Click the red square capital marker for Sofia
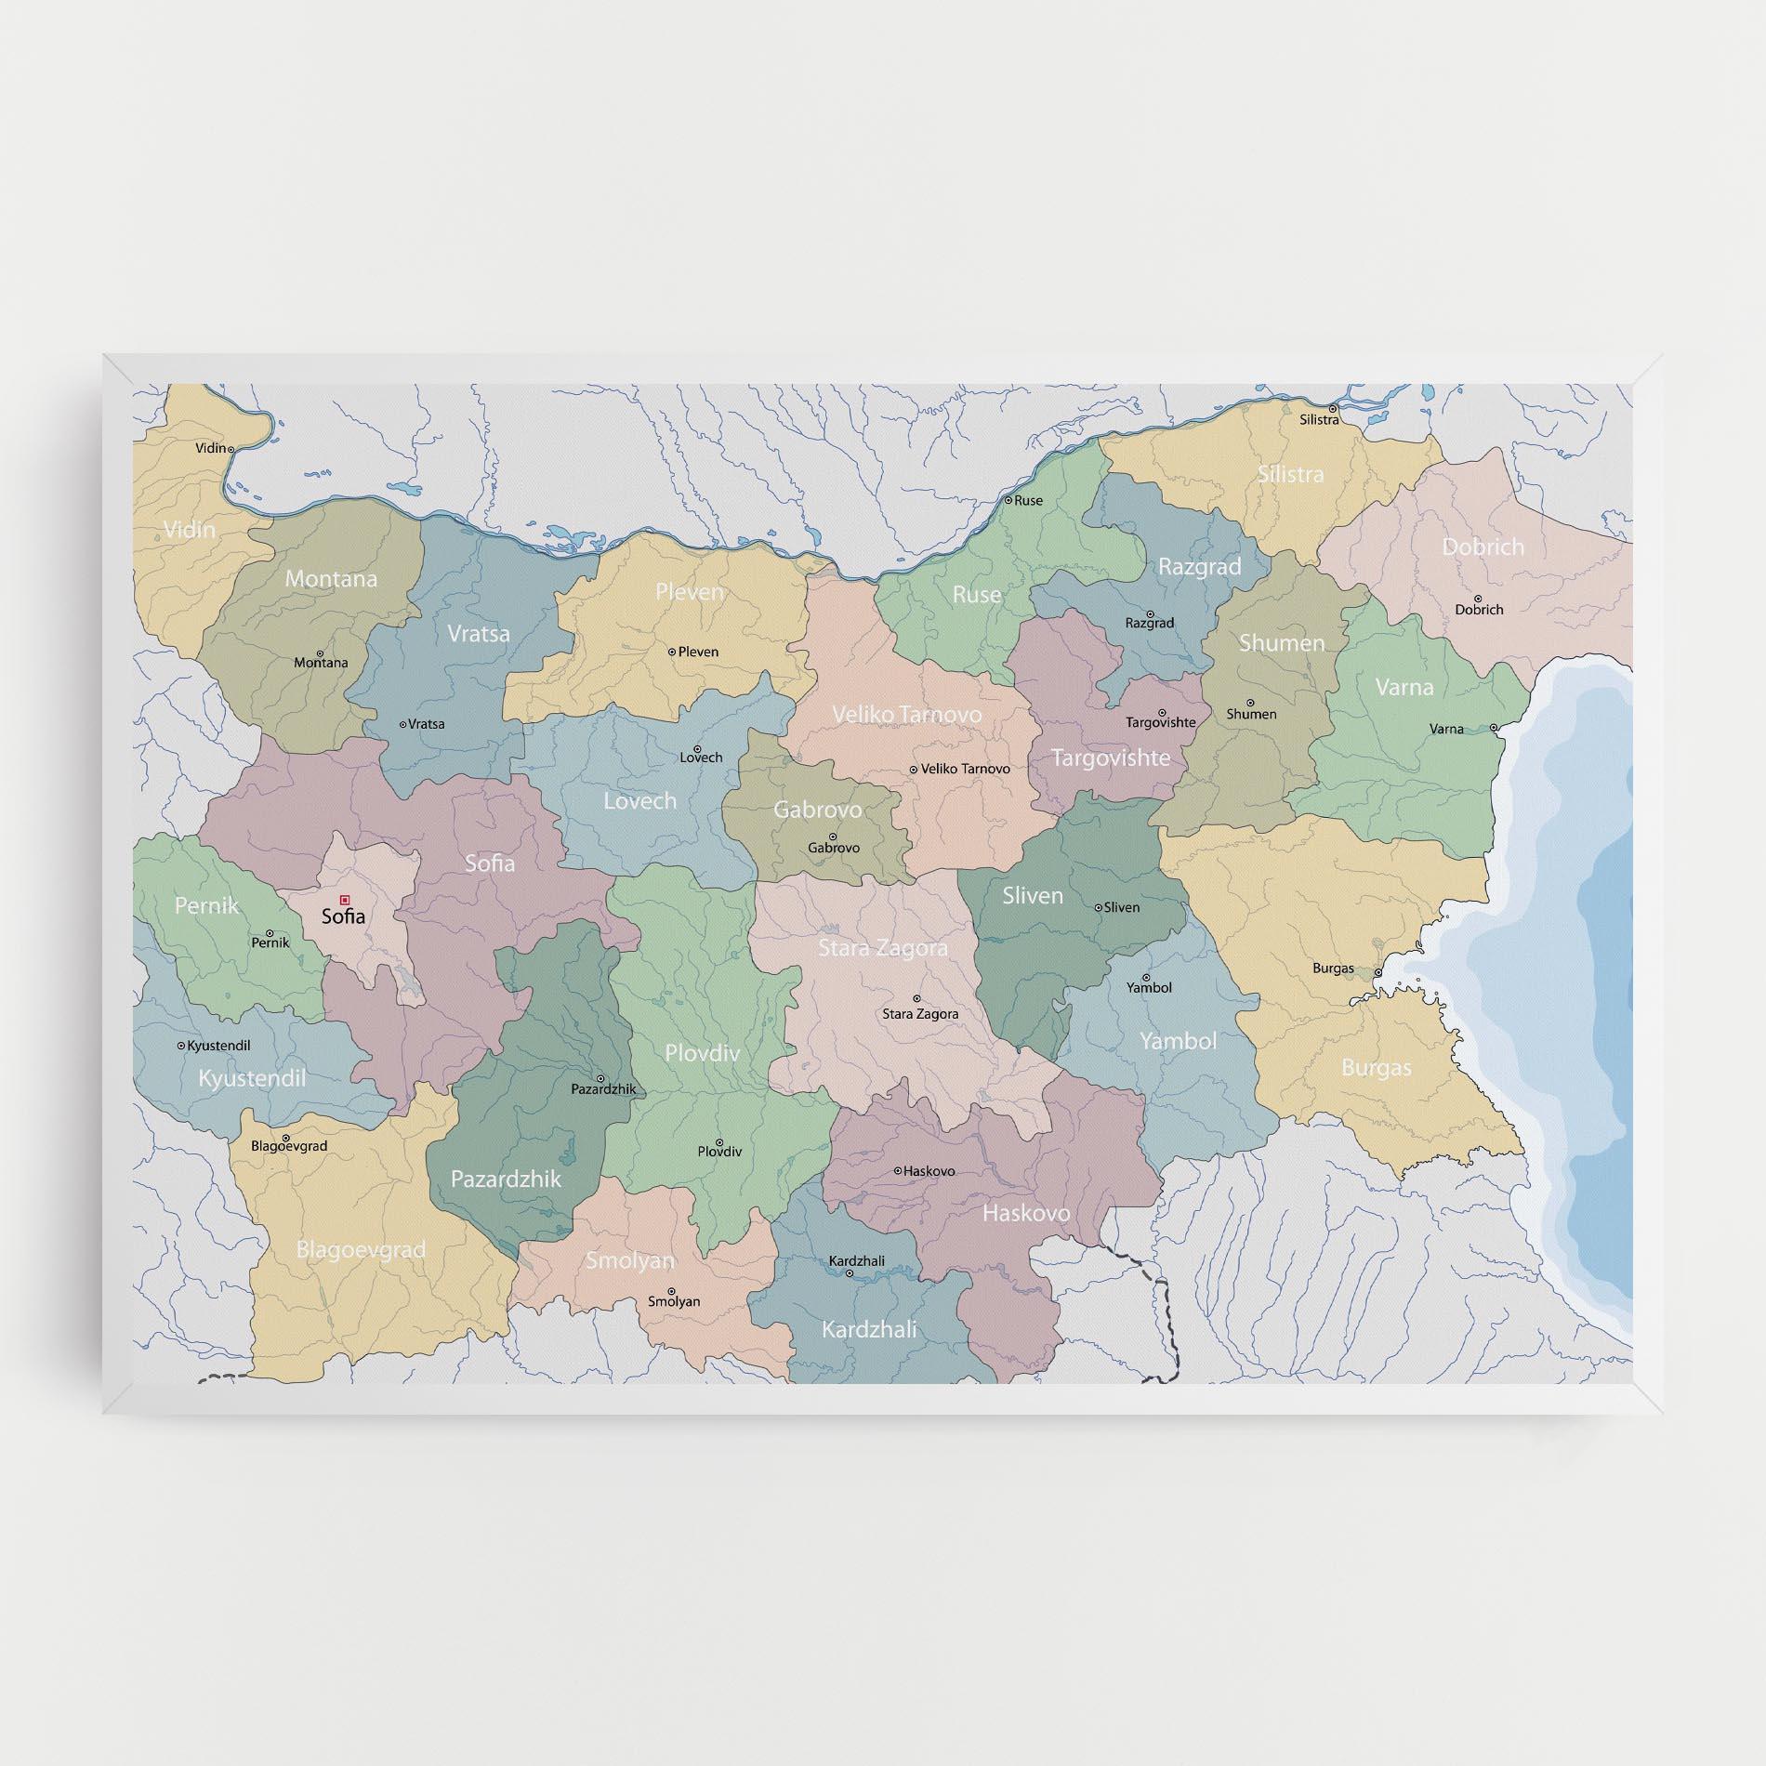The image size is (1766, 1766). click(345, 899)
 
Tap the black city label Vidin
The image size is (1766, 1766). click(210, 448)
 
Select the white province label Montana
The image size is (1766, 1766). click(331, 578)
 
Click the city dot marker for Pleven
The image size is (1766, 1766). click(672, 652)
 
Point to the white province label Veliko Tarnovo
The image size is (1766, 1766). click(906, 714)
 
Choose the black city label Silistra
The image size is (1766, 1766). click(1319, 420)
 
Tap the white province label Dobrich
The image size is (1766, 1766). click(1483, 547)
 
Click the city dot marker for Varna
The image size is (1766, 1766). click(1493, 728)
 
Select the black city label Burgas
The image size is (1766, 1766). click(1333, 969)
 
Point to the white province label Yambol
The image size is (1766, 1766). click(1178, 1040)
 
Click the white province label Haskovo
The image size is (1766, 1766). click(1026, 1212)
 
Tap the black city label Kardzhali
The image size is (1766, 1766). click(856, 1261)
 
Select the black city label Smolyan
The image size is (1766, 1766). click(674, 1301)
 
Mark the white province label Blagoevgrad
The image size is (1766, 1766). click(361, 1249)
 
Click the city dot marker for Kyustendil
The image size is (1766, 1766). click(181, 1046)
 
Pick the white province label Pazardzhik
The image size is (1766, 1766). click(506, 1179)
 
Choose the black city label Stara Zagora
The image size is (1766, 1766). click(919, 1014)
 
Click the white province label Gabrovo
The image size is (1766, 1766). click(817, 810)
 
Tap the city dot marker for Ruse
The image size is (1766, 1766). click(1008, 500)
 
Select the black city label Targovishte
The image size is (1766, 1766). click(1160, 722)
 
